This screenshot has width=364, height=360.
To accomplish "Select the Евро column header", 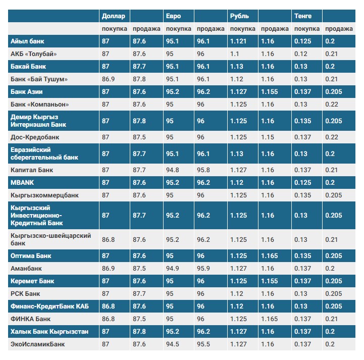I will click(173, 16).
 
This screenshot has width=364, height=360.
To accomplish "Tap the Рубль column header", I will click(239, 16).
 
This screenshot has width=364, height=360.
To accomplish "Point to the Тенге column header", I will click(303, 16).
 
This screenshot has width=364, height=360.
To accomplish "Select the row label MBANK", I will click(22, 182).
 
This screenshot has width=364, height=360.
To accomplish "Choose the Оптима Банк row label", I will click(31, 256).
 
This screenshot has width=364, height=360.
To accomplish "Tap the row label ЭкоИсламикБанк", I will click(38, 344).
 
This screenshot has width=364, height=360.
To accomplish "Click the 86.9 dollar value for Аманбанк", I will click(109, 269).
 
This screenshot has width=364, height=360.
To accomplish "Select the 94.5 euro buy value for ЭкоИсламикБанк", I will click(173, 344).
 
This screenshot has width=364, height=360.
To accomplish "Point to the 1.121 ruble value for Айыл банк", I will click(238, 41).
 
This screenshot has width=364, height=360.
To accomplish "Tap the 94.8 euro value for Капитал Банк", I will click(173, 170).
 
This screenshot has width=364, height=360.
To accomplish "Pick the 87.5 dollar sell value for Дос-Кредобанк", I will click(139, 137).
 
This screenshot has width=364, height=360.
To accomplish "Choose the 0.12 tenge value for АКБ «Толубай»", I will click(301, 54).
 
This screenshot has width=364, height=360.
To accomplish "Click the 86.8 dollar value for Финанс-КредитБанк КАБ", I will click(109, 306).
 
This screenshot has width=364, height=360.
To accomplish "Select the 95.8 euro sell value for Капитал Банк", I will click(203, 170).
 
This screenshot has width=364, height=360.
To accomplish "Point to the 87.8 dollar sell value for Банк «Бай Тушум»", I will click(139, 79).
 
